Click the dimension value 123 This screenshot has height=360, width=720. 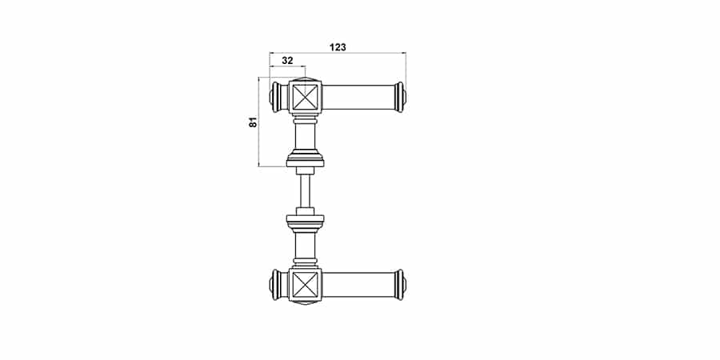[x=338, y=47]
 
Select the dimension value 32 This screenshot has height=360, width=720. [x=287, y=60]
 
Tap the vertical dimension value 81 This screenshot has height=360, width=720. [x=254, y=122]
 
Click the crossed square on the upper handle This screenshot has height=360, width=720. [x=306, y=98]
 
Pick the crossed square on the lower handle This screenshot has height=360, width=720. [x=306, y=284]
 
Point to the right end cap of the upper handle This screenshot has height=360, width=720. [x=401, y=98]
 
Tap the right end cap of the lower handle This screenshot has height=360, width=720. [x=401, y=285]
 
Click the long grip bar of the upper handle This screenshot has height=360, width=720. [x=358, y=98]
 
